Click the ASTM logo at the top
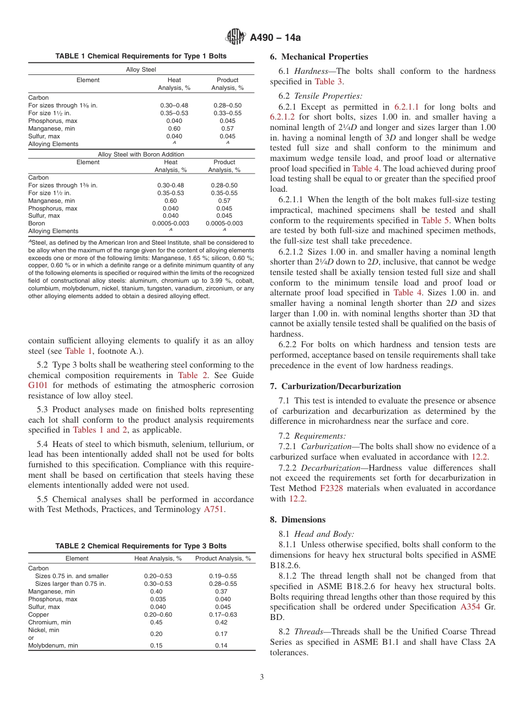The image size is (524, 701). [236, 37]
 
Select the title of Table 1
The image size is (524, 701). [141, 56]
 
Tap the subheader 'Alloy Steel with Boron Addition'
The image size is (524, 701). [141, 154]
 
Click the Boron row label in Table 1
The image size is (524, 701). [37, 224]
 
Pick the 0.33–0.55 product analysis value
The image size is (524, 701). [227, 113]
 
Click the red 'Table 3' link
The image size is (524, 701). [328, 82]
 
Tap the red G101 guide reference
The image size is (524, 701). [39, 386]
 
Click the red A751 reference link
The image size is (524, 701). [213, 510]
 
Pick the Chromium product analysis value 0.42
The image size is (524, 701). [221, 622]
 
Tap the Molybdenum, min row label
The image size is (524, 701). [53, 645]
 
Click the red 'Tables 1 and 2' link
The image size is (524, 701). [99, 430]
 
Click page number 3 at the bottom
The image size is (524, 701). [261, 677]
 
